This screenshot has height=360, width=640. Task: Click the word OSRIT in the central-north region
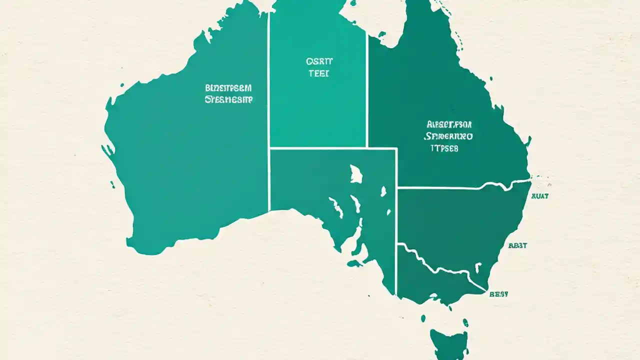pos(319,61)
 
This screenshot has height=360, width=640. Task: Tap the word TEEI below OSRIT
pos(319,73)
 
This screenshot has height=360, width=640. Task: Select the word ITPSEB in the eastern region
pos(444,148)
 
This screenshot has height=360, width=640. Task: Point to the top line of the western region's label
pos(228,88)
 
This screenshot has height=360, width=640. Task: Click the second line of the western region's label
pos(228,99)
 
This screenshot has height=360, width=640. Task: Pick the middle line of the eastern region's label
pos(448,135)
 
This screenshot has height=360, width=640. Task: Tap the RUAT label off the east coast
pos(540,196)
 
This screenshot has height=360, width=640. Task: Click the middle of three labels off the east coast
pos(517,245)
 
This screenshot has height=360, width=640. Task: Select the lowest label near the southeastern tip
pos(498,294)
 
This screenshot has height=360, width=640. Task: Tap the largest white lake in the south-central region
pos(355,173)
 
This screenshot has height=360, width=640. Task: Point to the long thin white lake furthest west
pos(335,206)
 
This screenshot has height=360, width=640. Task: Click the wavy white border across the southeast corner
pos(440,268)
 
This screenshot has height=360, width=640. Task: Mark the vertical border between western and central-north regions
pos(269,100)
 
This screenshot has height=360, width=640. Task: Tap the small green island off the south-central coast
pos(354,263)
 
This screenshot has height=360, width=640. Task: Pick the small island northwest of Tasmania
pos(423,318)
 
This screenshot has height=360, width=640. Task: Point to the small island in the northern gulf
pos(381,34)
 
